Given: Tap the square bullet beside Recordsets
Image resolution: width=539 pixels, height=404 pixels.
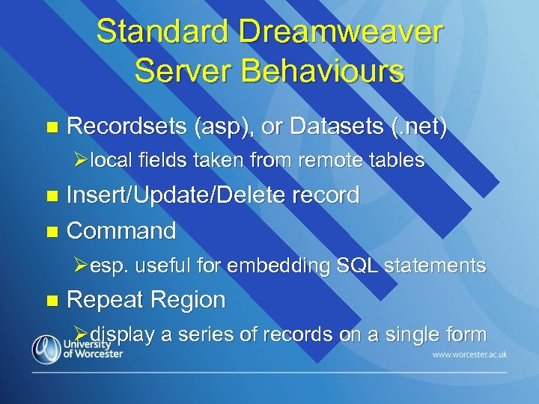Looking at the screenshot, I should coord(51,127).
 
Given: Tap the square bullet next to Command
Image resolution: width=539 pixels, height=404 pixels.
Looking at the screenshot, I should coord(51,231).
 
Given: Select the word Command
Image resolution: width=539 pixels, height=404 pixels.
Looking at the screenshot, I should coord(121,230).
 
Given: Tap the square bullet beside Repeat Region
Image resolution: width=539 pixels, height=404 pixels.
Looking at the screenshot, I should coord(51,301).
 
